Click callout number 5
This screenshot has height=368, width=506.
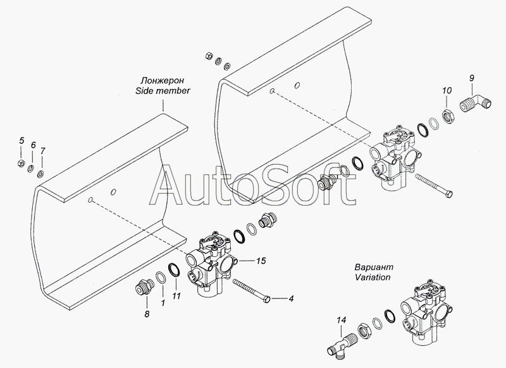point(22,141)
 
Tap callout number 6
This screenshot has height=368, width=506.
point(34,145)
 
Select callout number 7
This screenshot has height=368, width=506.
point(43,151)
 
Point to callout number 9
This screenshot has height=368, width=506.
point(471,78)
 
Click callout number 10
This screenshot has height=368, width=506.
point(447,91)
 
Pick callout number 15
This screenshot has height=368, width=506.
point(261,261)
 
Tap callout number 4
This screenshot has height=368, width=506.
point(291,299)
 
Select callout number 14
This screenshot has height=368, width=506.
point(342,320)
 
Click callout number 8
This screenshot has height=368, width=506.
point(147,314)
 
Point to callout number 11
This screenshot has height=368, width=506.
point(176,296)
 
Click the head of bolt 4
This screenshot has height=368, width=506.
point(267,300)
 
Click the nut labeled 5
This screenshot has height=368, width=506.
point(20,163)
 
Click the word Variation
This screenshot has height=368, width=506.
point(373,277)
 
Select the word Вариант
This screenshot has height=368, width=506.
point(374,267)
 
